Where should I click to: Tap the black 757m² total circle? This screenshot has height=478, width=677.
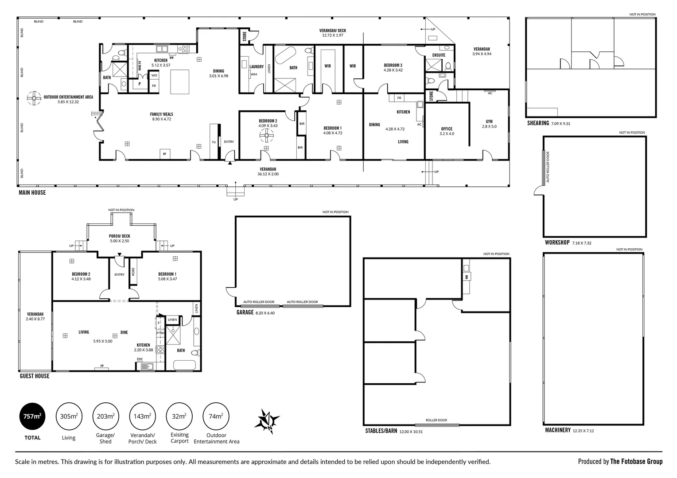(32, 416)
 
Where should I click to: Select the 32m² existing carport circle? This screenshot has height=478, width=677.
(179, 416)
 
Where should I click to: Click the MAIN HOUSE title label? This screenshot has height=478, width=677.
(32, 193)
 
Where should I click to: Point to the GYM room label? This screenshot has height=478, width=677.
(489, 121)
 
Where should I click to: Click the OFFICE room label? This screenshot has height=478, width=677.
(447, 129)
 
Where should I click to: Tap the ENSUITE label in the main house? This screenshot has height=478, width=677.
(439, 55)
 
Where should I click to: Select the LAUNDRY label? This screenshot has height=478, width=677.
(257, 67)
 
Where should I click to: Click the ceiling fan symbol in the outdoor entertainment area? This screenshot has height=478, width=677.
(34, 98)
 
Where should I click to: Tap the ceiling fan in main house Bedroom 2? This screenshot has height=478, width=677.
(267, 136)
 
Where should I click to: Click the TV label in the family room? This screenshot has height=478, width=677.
(214, 142)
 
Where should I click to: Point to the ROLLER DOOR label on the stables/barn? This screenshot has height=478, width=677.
(436, 420)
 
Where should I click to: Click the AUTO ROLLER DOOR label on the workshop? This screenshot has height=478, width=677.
(548, 167)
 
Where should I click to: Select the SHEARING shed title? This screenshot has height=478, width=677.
(538, 123)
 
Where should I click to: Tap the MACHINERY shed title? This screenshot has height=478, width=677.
(557, 430)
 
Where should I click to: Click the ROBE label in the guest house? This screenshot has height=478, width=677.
(132, 274)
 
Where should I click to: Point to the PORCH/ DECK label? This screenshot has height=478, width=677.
(120, 236)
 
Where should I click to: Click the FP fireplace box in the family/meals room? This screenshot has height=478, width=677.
(164, 154)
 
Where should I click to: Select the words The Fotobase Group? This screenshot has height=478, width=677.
(636, 462)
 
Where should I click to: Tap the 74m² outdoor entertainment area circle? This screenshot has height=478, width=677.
(216, 416)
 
